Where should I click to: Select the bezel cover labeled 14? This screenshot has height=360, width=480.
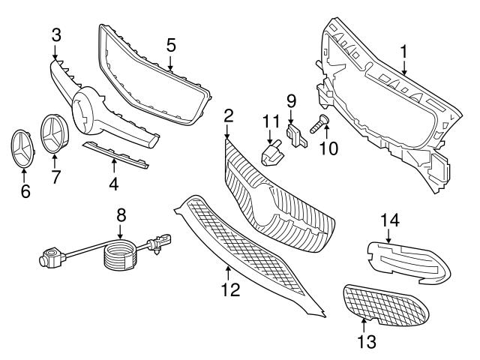pyautogui.click(x=409, y=262)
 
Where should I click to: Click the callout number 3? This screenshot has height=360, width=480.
pyautogui.click(x=57, y=34)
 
